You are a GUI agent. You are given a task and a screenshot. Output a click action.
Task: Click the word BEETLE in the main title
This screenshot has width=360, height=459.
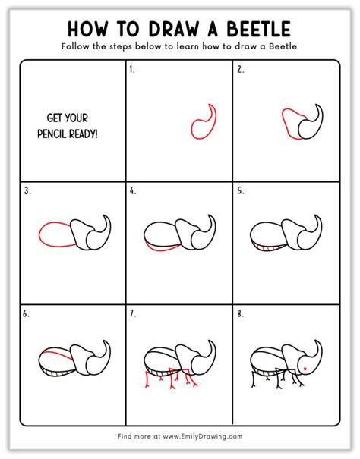pyautogui.click(x=258, y=29)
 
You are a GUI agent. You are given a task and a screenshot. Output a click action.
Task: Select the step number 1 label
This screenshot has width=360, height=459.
pyautogui.click(x=132, y=70)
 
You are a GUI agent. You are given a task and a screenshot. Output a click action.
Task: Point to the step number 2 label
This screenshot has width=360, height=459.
pyautogui.click(x=241, y=70)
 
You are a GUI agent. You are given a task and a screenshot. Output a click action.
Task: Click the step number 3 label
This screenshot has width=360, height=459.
pyautogui.click(x=27, y=191)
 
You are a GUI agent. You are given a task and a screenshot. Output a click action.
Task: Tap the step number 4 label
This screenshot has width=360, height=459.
pyautogui.click(x=133, y=191)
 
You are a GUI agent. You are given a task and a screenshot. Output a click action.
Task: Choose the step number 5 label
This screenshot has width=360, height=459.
pyautogui.click(x=241, y=191)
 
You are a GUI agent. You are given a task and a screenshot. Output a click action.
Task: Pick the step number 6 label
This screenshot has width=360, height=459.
pyautogui.click(x=26, y=314)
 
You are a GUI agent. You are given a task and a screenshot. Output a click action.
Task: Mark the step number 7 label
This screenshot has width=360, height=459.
pyautogui.click(x=133, y=314)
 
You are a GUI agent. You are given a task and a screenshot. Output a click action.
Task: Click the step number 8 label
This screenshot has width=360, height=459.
pyautogui.click(x=241, y=314)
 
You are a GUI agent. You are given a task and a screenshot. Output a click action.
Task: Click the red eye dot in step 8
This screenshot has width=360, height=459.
pyautogui.click(x=305, y=369)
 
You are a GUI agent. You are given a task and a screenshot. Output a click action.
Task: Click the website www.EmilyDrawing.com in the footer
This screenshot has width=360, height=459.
pyautogui.click(x=203, y=436)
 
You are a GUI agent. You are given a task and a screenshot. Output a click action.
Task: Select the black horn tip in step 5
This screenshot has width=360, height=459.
pyautogui.click(x=316, y=215)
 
